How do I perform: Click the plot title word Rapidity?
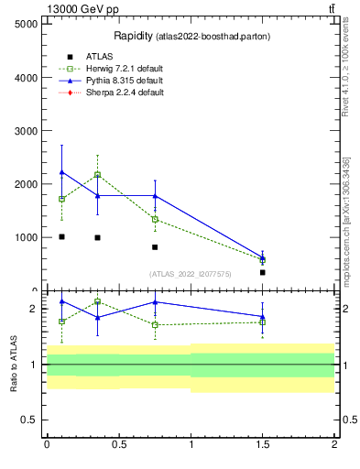tap(132, 36)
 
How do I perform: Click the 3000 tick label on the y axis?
tap(25, 131)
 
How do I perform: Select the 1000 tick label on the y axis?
tap(25, 237)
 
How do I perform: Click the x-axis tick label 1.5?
tap(262, 444)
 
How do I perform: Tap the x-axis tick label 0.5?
tap(118, 444)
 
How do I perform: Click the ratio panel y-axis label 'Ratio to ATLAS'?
tap(14, 365)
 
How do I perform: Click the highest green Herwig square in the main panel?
tap(97, 174)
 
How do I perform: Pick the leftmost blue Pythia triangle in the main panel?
tap(61, 172)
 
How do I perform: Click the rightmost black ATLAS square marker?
tap(262, 272)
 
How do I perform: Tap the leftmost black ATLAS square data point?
tap(61, 236)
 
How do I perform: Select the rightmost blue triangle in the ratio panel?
tap(262, 317)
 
